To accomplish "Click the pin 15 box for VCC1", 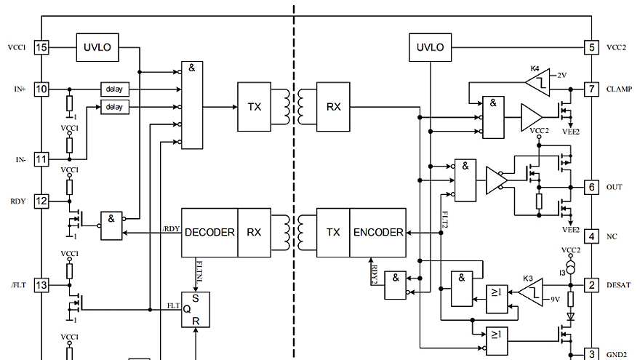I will pos(41,47).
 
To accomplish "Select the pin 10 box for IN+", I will pos(41,89).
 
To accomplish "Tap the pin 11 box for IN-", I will pos(41,158).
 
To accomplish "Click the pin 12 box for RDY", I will pos(41,201).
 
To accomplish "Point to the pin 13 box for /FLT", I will pos(41,285).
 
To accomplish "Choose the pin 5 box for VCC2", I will pos(592,47).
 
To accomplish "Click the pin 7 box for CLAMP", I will pos(592,89).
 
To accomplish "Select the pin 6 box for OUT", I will pos(592,187).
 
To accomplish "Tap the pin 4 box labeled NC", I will pos(592,236).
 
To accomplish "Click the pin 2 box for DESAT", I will pos(592,285).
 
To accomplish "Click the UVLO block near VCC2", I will pos(431,47).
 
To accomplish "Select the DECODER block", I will pos(209,233).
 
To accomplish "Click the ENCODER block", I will pos(378,233).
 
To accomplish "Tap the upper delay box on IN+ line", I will pos(114,89).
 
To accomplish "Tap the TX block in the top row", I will pos(254,106).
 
